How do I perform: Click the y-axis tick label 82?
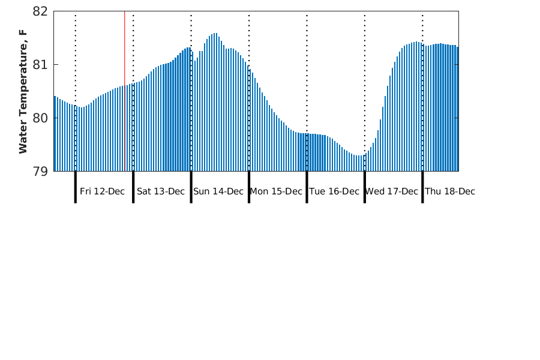click(x=41, y=11)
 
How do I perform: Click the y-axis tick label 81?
click(x=41, y=64)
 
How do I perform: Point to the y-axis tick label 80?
click(x=41, y=118)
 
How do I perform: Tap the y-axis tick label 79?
click(x=41, y=171)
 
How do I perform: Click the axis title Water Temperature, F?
click(x=23, y=91)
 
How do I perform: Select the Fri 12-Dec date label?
click(x=102, y=191)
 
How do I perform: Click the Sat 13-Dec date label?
click(x=161, y=191)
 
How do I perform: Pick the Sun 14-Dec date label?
click(x=218, y=191)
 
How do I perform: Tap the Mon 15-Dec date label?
click(x=276, y=191)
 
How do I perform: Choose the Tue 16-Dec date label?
click(x=334, y=191)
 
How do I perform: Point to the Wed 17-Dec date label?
click(x=392, y=191)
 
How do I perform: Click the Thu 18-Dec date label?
click(x=450, y=191)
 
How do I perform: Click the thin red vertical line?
click(x=124, y=48)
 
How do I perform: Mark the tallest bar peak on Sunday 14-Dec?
click(x=215, y=34)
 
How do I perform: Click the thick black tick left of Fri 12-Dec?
click(x=76, y=187)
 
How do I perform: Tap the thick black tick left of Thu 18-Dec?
click(x=422, y=187)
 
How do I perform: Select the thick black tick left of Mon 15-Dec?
click(x=249, y=187)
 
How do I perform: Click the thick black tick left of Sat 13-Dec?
click(x=133, y=187)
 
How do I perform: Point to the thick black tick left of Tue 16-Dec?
click(x=307, y=187)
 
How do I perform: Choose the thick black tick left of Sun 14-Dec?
click(x=191, y=187)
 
